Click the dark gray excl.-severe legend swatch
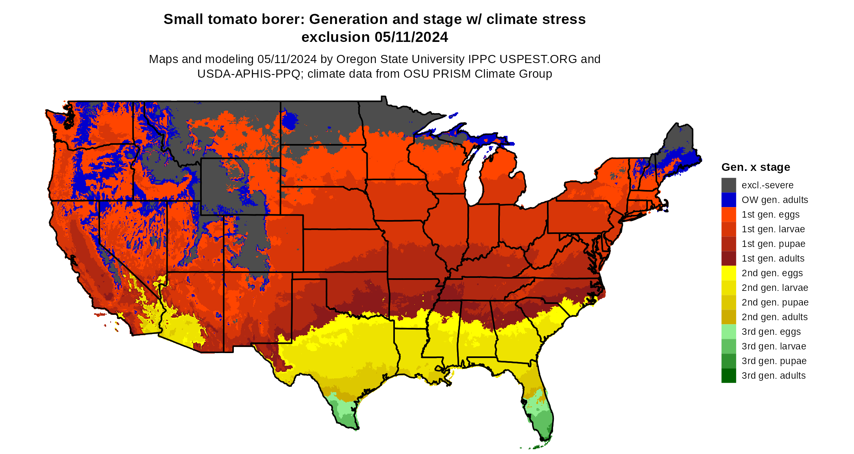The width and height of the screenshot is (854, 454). click(728, 185)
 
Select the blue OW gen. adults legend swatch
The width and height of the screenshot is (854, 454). click(728, 200)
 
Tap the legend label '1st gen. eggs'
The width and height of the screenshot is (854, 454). click(770, 214)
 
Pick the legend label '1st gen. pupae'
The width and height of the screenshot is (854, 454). click(773, 244)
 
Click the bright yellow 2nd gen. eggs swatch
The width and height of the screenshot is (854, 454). click(728, 273)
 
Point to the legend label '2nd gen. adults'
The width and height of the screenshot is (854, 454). click(774, 317)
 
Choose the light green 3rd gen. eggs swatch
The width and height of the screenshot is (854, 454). click(728, 332)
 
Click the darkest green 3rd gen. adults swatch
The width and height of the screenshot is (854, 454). click(728, 375)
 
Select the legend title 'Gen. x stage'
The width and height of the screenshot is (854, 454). click(756, 167)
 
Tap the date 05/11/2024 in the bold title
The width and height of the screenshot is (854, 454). click(411, 37)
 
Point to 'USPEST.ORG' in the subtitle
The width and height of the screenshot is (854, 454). click(538, 59)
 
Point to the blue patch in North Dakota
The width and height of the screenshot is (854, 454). click(290, 120)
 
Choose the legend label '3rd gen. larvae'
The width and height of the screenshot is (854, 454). click(773, 346)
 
